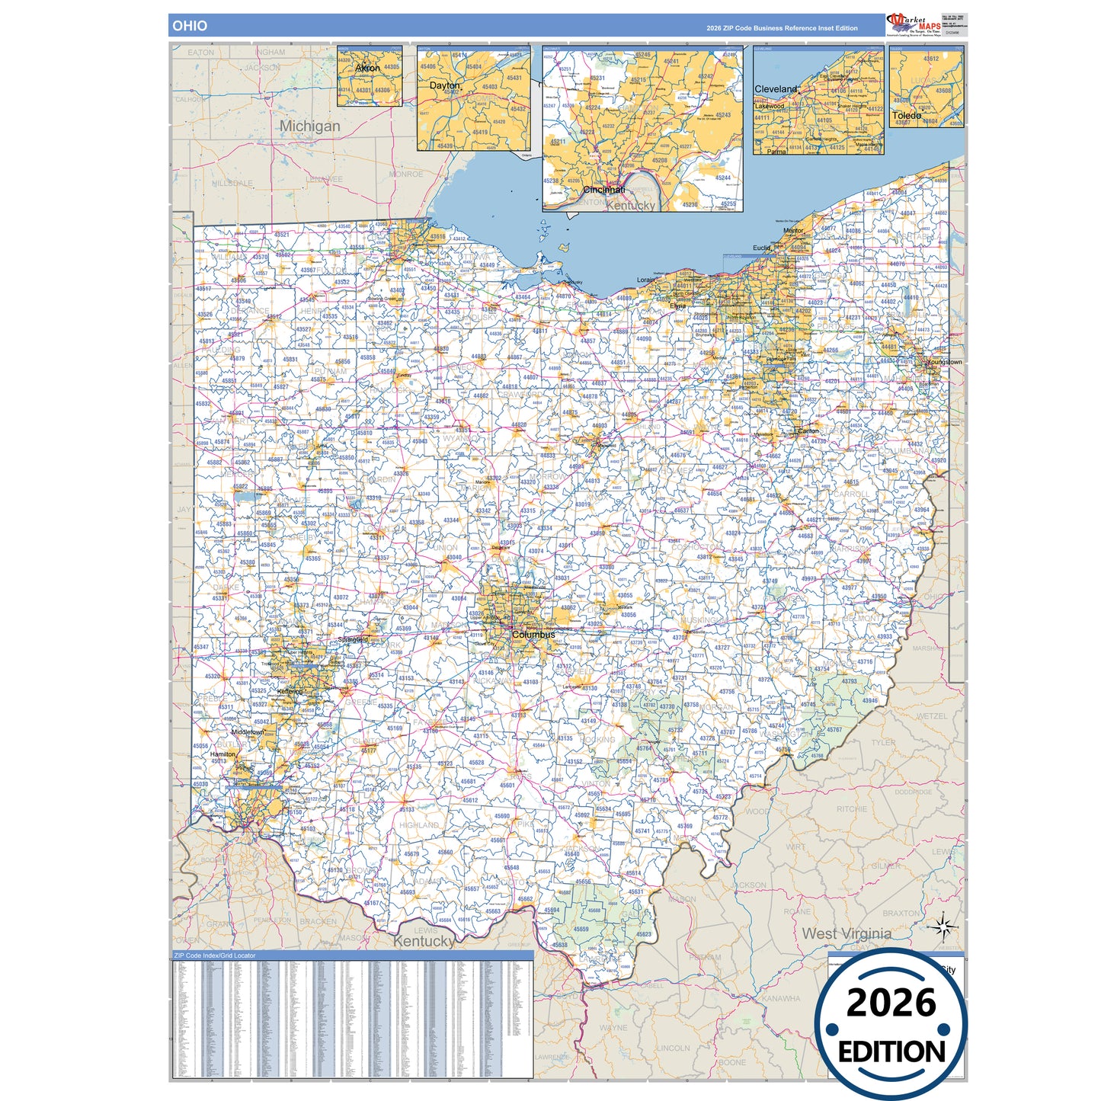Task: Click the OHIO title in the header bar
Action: (x=189, y=26)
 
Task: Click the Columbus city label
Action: (x=533, y=635)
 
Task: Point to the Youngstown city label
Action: (x=944, y=362)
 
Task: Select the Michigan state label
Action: (x=309, y=126)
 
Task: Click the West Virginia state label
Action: (x=846, y=933)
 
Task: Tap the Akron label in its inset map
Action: (x=367, y=68)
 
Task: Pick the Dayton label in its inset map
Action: (x=444, y=85)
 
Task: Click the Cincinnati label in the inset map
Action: (x=603, y=190)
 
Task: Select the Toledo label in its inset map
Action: (x=906, y=116)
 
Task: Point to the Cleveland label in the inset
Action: (x=775, y=89)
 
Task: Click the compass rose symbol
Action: (x=943, y=927)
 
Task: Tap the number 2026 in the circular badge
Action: (x=891, y=1003)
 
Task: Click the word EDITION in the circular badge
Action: (x=891, y=1052)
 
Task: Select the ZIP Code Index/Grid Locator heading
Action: (x=215, y=955)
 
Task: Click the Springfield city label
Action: (x=353, y=639)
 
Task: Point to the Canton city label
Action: (x=808, y=431)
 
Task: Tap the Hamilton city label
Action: (x=223, y=754)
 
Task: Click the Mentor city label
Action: (x=793, y=230)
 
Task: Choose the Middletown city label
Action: (x=248, y=732)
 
